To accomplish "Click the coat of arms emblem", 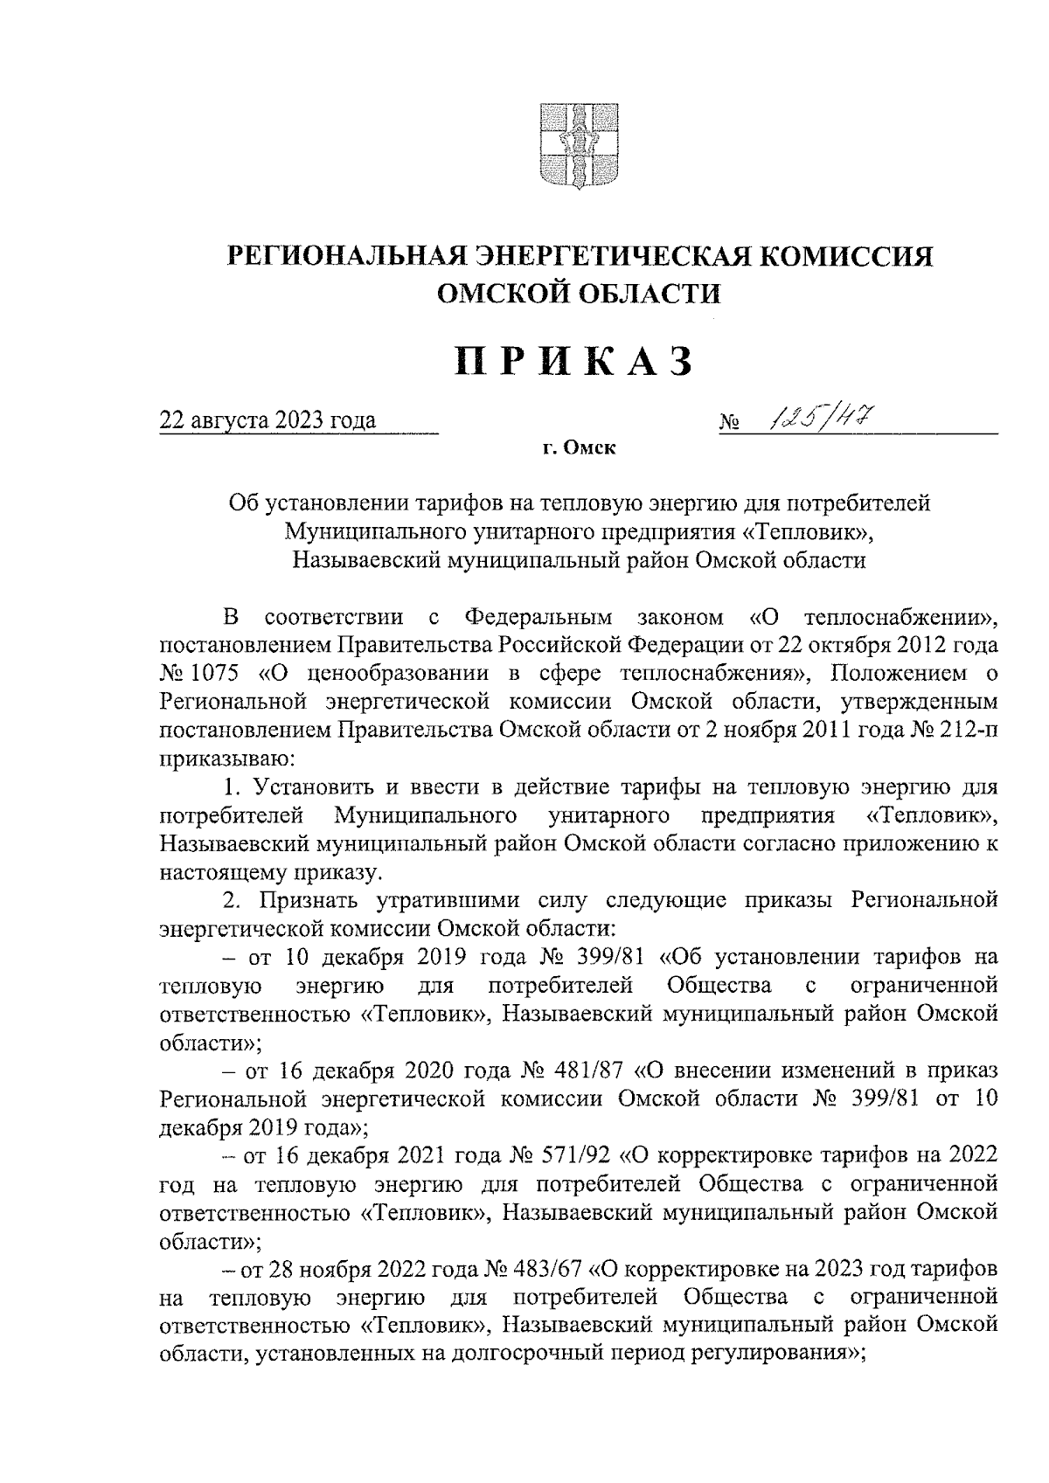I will (577, 147).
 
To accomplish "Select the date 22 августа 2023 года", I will (267, 421).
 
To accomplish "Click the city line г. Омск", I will (578, 449).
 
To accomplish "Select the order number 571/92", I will (581, 1154).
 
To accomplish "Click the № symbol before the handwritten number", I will (730, 424).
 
